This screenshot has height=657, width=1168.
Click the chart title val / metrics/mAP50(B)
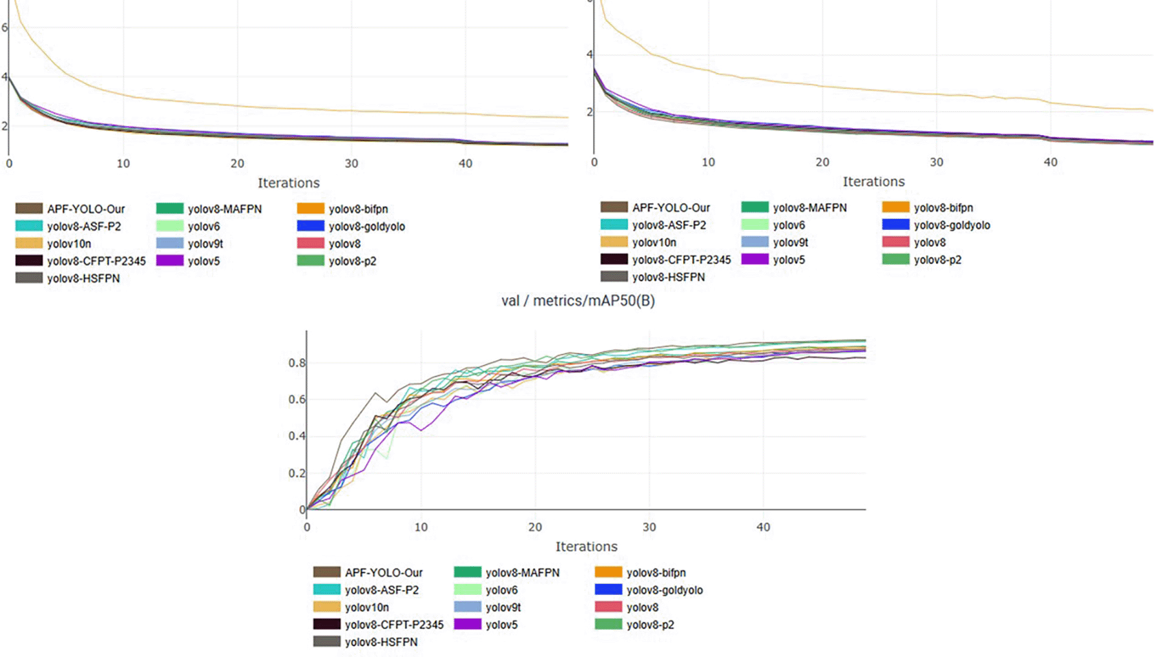pos(578,301)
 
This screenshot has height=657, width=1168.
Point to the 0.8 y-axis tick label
pos(297,363)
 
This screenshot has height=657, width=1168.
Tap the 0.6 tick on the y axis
pos(297,400)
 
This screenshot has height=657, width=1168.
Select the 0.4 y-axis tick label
pos(297,437)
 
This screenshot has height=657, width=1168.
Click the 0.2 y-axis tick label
pos(297,473)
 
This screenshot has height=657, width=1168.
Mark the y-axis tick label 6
pos(5,27)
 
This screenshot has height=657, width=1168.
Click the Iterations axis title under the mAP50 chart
pos(586,546)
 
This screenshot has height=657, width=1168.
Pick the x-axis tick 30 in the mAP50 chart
pos(649,527)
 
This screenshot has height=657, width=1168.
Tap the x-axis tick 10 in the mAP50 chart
pos(421,527)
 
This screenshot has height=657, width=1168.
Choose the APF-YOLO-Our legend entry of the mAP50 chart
pos(383,572)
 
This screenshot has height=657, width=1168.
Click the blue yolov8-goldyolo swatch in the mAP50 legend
pos(608,590)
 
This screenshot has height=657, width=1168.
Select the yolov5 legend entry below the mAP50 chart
pos(501,625)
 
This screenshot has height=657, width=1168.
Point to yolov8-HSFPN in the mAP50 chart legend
pos(380,642)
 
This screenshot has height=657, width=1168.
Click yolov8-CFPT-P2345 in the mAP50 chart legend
pos(393,625)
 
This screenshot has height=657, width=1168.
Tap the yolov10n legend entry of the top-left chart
pos(69,244)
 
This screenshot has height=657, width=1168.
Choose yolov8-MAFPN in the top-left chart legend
pos(224,209)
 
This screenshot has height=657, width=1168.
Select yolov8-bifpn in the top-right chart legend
pos(943,208)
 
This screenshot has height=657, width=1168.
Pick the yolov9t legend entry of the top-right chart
pos(790,242)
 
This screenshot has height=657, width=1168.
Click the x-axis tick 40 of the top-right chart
pos(1050,162)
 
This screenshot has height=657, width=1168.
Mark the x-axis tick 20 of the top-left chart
pos(237,164)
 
